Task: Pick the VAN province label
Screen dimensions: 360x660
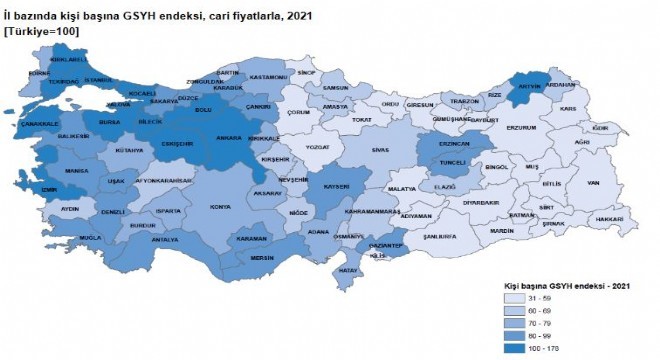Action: coord(592,183)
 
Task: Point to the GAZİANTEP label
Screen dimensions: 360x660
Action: coord(386,245)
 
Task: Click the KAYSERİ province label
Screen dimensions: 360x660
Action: coord(333,186)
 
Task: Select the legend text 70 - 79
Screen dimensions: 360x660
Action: coord(553,324)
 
